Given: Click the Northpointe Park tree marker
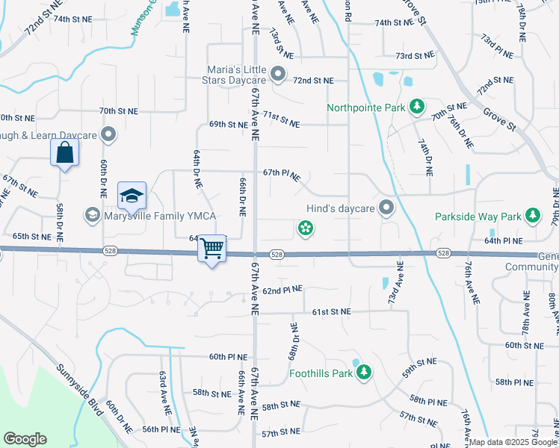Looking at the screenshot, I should point(417,108).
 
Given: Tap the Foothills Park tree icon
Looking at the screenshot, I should point(364,371).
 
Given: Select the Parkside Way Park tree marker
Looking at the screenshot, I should point(532,217).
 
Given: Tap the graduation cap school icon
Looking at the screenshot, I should point(132,195).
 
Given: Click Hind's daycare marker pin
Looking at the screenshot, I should point(386,208).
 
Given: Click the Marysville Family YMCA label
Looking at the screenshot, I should point(159,217).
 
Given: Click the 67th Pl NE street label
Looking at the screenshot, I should point(282,174).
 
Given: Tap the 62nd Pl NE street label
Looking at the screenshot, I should point(282,289).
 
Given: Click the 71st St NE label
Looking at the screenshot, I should point(281,119).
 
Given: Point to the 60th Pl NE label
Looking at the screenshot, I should point(227,357).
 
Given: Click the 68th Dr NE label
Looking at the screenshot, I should point(293,340).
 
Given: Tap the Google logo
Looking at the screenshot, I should point(25,439).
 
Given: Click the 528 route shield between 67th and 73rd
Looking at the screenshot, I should point(277,255).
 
